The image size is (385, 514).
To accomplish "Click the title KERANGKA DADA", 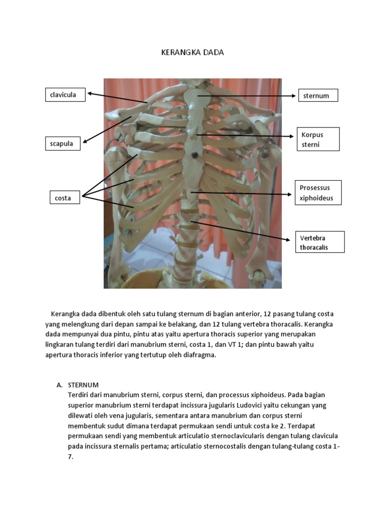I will pos(192,53).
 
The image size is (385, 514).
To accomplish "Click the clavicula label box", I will pos(65,94).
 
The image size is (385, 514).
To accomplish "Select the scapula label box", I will pos(63,144).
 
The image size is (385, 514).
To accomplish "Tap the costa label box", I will pos(65,198).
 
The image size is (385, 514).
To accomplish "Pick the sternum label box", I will pos(318,95).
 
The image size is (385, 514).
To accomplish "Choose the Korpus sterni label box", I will pos(318,139).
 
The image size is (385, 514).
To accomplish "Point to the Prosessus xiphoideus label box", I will pos(317,193).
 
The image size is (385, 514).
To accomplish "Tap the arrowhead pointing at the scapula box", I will pos(85,142).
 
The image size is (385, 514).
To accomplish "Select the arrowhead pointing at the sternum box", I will pos(294,95).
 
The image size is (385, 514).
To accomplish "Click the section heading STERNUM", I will pos(83,385).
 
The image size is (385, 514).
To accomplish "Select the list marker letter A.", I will pos(59,385).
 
